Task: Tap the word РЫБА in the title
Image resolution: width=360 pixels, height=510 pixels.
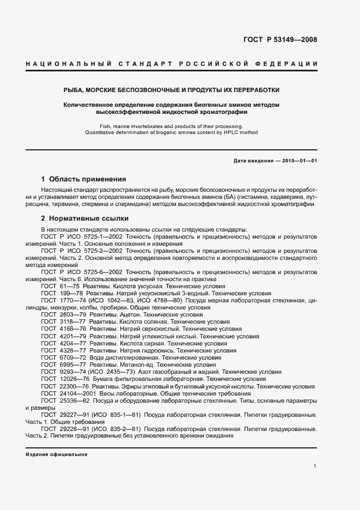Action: (x=74, y=90)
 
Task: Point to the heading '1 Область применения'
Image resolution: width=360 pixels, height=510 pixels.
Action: (x=83, y=179)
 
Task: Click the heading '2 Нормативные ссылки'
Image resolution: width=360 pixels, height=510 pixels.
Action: (x=84, y=217)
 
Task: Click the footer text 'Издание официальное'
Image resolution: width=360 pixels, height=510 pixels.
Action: (x=57, y=454)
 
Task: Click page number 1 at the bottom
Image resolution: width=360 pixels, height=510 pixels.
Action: (x=315, y=466)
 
